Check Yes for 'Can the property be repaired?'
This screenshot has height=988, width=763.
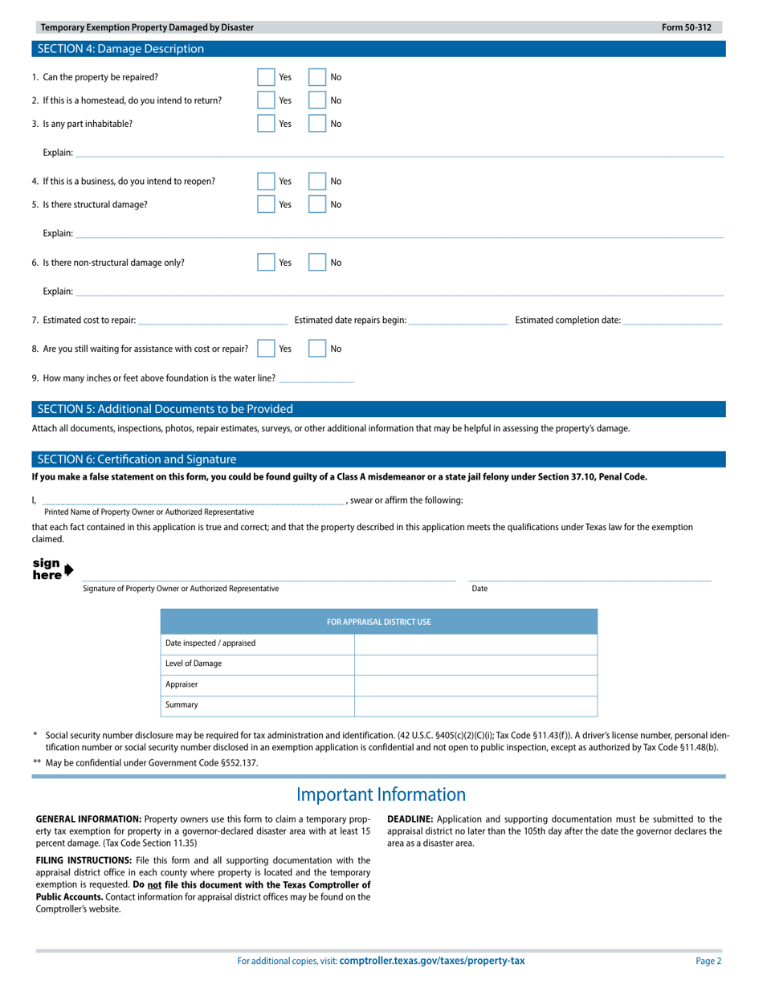click(266, 77)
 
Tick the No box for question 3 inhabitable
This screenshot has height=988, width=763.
click(318, 124)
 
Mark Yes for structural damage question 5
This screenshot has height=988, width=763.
click(266, 204)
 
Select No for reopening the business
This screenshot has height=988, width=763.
click(318, 181)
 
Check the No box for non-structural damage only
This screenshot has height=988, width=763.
click(318, 262)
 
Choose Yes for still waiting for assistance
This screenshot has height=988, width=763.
click(266, 349)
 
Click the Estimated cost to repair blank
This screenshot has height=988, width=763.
click(212, 320)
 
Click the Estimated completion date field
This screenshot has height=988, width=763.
click(672, 320)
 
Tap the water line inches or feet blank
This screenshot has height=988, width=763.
click(316, 378)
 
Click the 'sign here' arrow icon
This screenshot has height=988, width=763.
click(68, 570)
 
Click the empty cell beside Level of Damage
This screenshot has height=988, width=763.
click(475, 664)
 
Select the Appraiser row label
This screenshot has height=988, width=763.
click(182, 684)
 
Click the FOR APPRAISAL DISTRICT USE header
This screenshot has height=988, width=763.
click(379, 622)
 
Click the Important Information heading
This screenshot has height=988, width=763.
click(381, 794)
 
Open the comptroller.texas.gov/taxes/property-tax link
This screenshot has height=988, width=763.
click(432, 961)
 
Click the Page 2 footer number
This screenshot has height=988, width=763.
click(708, 961)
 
